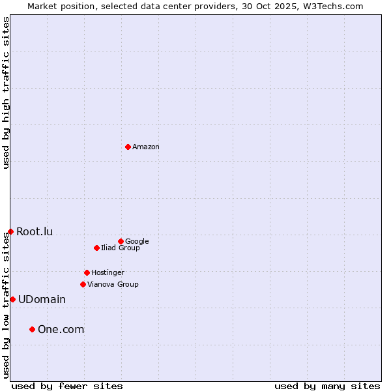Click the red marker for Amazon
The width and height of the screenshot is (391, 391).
128,147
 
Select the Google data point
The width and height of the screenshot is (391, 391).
121,241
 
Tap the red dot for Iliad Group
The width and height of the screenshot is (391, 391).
96,248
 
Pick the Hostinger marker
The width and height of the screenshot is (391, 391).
87,272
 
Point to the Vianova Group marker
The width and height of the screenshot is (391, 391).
83,284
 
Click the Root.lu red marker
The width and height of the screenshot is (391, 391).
10,231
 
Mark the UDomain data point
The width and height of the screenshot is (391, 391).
12,299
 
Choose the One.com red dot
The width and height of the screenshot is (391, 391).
32,329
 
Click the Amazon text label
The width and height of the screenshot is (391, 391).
145,147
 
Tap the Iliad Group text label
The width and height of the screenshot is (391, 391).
120,248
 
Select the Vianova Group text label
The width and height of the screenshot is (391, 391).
113,284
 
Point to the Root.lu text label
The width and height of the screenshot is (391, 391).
35,231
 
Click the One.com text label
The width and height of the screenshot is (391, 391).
61,329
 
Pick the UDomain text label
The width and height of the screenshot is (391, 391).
42,299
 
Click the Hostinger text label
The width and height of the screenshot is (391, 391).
108,272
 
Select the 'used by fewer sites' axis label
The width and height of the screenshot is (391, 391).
67,386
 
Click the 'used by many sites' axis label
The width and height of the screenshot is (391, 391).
327,386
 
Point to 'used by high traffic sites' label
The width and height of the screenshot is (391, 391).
6,93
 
